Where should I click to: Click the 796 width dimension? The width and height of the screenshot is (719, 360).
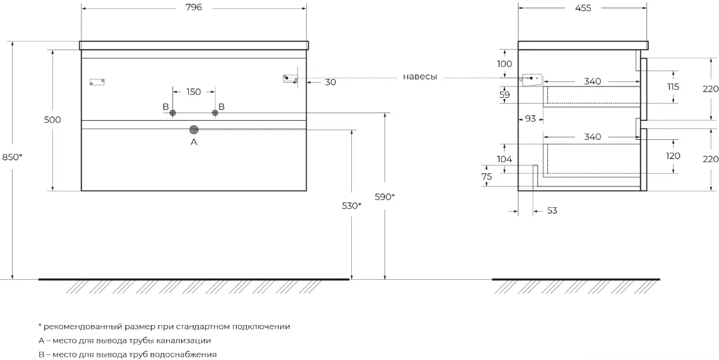click(x=194, y=8)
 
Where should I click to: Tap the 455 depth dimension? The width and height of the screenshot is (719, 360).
click(x=583, y=8)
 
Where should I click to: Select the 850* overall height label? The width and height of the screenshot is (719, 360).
click(x=12, y=157)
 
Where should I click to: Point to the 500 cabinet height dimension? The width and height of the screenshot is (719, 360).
click(x=53, y=120)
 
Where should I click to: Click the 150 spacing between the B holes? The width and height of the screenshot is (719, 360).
click(x=193, y=92)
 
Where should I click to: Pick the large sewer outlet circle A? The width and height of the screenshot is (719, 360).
click(x=194, y=130)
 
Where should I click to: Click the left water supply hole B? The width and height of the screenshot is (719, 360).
click(x=173, y=113)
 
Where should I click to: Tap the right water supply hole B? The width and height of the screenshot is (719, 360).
click(x=215, y=113)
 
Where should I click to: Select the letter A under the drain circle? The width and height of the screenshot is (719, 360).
click(x=194, y=142)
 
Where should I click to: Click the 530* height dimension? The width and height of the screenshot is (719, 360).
click(x=351, y=206)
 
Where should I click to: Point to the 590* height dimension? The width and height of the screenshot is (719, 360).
click(x=385, y=197)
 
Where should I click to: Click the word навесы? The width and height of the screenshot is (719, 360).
click(x=420, y=76)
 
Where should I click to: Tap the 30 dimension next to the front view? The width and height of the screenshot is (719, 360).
click(x=330, y=82)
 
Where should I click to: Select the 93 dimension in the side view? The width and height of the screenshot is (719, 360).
click(x=530, y=119)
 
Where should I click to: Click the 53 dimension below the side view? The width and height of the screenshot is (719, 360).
click(x=552, y=211)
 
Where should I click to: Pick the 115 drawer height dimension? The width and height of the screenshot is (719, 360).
click(x=673, y=87)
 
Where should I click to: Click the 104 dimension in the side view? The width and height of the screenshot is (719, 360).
click(x=505, y=159)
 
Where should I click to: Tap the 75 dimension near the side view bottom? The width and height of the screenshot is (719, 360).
click(x=487, y=177)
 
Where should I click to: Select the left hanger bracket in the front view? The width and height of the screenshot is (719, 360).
click(x=97, y=82)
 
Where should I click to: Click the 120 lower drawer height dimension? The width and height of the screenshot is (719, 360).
click(x=673, y=156)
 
